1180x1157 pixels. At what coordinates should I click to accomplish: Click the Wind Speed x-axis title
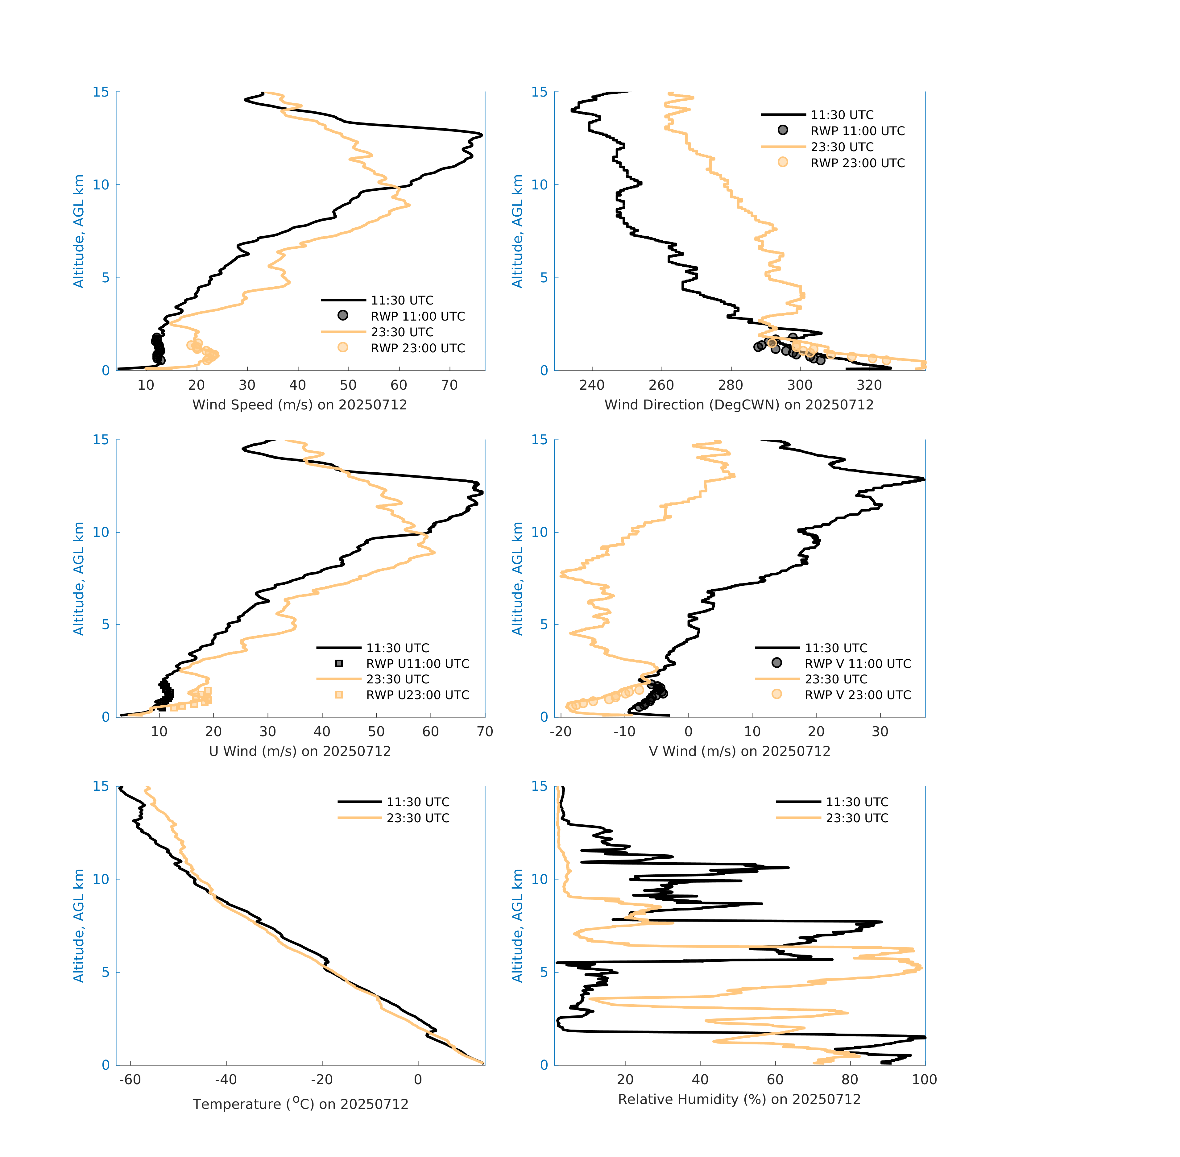coord(300,405)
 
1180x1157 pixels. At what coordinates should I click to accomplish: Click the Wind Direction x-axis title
coord(739,405)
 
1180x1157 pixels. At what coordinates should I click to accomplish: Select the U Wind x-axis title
coord(300,751)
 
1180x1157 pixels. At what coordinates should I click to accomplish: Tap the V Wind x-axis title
coord(739,751)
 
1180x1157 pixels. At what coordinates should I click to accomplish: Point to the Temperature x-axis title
coord(300,1104)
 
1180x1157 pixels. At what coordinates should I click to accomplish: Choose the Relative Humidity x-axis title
coord(739,1099)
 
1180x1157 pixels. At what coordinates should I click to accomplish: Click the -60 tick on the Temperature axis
coord(130,1079)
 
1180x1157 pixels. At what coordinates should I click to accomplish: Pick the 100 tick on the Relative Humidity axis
coord(924,1079)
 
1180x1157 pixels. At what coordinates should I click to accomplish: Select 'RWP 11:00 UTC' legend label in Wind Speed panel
coord(417,316)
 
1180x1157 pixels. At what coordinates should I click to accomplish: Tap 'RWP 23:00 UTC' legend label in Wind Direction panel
coord(857,163)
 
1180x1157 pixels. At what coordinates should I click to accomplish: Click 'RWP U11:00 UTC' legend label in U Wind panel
coord(417,664)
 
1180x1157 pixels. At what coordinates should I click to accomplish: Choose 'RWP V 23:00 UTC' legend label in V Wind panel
coord(857,695)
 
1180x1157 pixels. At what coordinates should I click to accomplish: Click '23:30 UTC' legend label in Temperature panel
coord(418,818)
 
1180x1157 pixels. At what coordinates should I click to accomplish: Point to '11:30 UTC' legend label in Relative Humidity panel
coord(857,802)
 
